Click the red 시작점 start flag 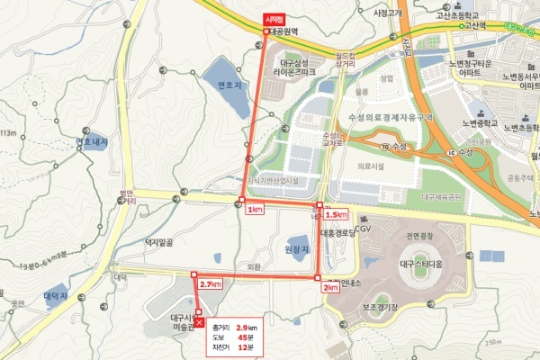[x=273, y=18]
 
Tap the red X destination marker [x=199, y=321]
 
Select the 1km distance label [x=255, y=210]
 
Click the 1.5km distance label [x=336, y=215]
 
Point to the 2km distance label [x=331, y=288]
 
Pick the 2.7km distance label [x=211, y=284]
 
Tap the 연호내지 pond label [x=92, y=141]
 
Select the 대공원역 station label [x=282, y=31]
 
